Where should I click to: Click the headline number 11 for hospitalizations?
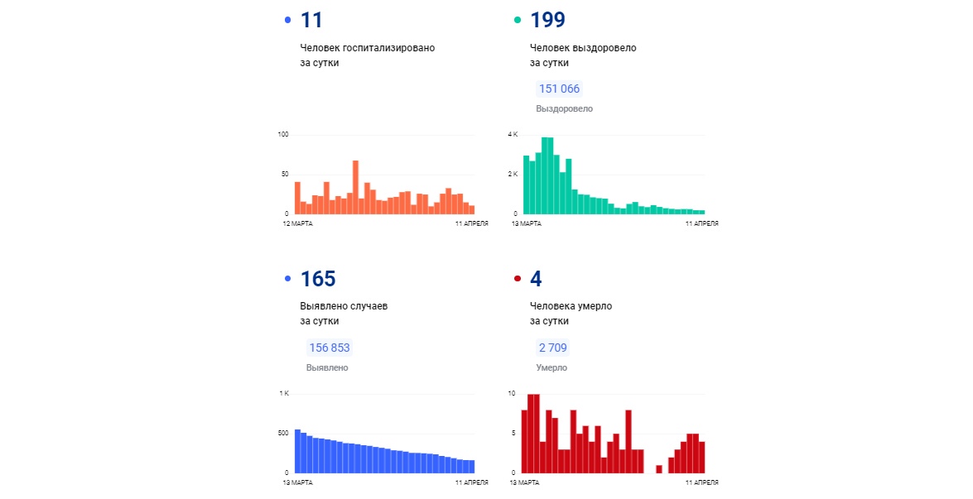[312, 20]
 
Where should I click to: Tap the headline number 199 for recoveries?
[547, 20]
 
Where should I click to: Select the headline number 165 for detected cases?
[318, 279]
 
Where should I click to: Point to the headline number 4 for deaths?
[536, 279]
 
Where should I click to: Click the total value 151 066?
[559, 89]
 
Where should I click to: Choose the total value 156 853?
[330, 348]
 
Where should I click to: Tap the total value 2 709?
[552, 348]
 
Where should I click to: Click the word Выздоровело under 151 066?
[564, 108]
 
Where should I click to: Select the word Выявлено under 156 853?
[327, 367]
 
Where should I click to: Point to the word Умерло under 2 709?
[551, 367]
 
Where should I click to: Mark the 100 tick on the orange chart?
[283, 134]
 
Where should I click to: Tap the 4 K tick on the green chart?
[513, 134]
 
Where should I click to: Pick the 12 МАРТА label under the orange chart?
[297, 223]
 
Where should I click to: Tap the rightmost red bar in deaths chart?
[702, 457]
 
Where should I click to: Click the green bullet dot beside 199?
[518, 20]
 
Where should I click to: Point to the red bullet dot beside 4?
[518, 279]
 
